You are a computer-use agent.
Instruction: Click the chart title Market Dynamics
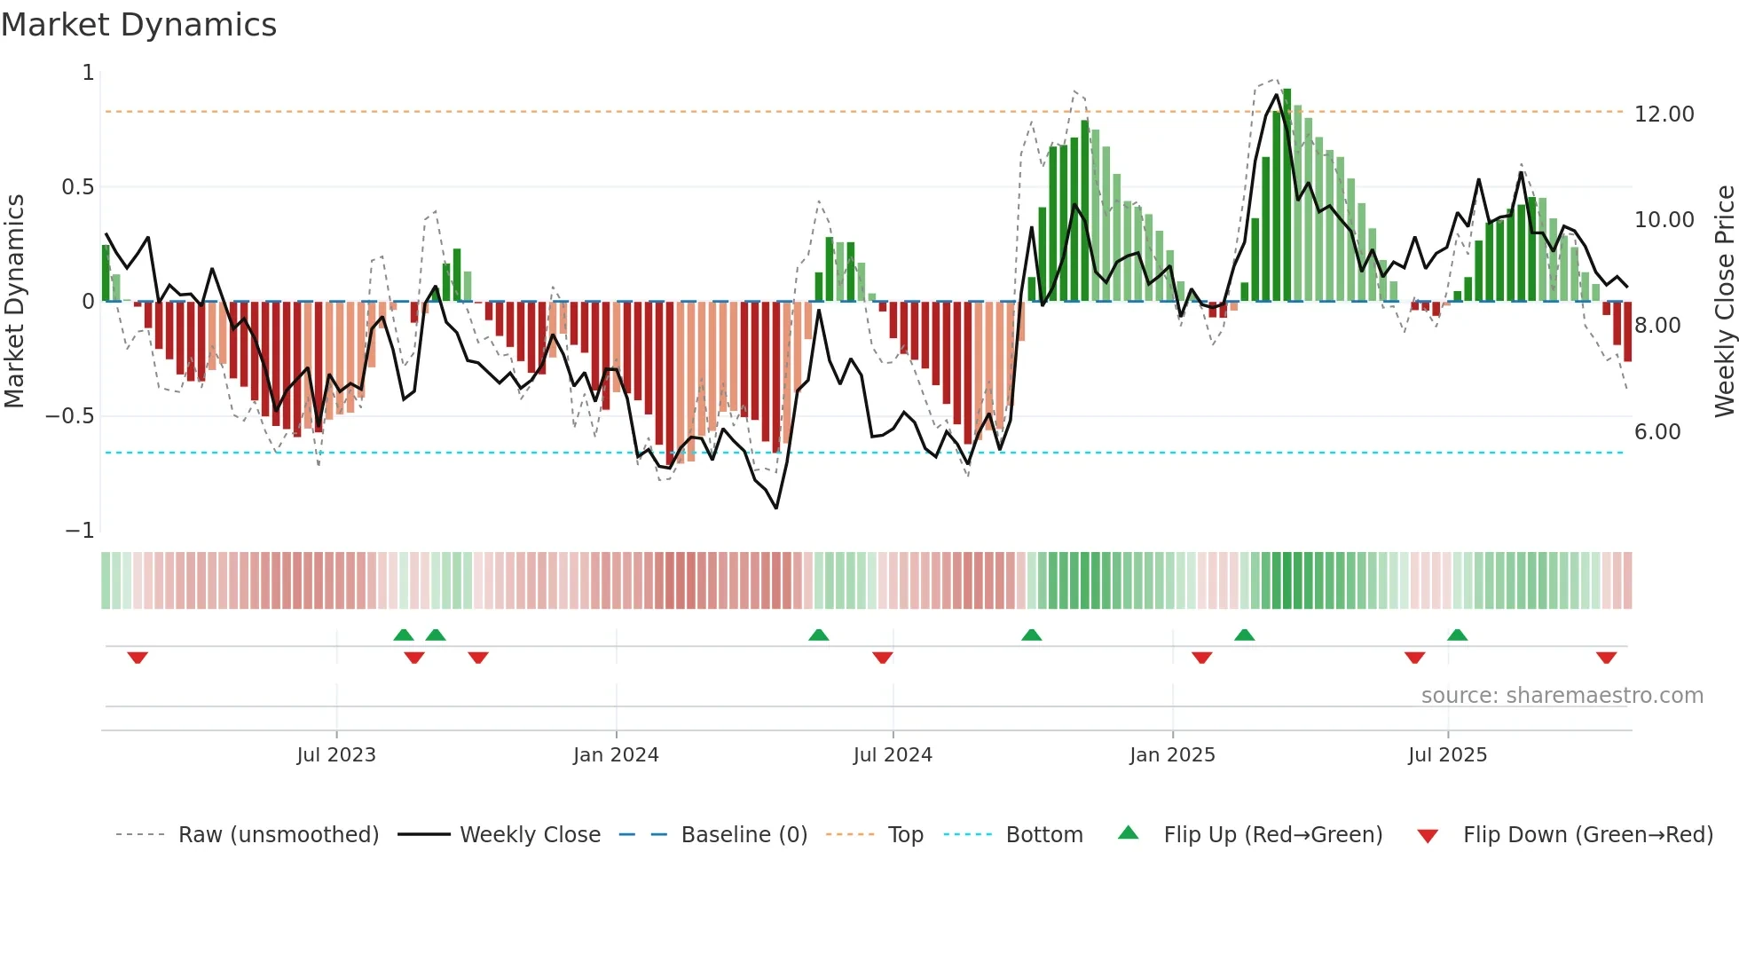pyautogui.click(x=138, y=25)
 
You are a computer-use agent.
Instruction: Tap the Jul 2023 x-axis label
pyautogui.click(x=336, y=755)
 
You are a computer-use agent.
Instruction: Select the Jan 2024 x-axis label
pyautogui.click(x=616, y=755)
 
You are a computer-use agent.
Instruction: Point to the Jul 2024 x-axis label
pyautogui.click(x=893, y=755)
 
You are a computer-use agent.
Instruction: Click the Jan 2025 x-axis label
pyautogui.click(x=1172, y=755)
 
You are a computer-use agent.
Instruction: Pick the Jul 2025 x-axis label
pyautogui.click(x=1447, y=755)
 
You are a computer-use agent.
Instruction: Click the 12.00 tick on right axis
pyautogui.click(x=1664, y=114)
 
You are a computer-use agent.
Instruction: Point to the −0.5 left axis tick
pyautogui.click(x=69, y=416)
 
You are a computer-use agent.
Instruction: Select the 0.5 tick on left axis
pyautogui.click(x=77, y=187)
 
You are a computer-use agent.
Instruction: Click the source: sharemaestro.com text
pyautogui.click(x=1562, y=696)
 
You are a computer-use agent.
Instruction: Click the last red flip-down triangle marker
pyautogui.click(x=1606, y=658)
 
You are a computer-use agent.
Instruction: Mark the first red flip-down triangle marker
pyautogui.click(x=138, y=658)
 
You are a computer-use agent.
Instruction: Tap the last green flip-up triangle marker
pyautogui.click(x=1457, y=635)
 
